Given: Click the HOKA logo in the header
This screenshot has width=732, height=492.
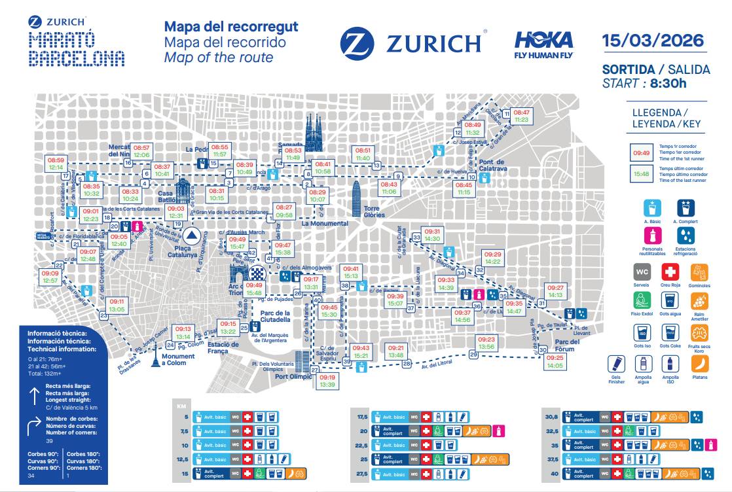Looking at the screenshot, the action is click(543, 44).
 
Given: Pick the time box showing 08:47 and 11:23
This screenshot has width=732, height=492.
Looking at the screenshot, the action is click(522, 116).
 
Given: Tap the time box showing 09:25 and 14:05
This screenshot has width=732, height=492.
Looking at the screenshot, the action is click(555, 362).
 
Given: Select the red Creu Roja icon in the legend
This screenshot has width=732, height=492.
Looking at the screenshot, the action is click(668, 272).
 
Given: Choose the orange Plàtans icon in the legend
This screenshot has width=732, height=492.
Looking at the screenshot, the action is click(699, 364).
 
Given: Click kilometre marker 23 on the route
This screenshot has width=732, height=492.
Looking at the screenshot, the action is click(103, 315).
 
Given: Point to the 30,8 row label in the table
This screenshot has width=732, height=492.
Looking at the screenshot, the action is click(551, 415).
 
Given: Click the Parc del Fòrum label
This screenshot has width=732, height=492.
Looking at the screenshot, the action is click(566, 345).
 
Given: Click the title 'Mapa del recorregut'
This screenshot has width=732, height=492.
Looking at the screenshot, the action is click(231, 27).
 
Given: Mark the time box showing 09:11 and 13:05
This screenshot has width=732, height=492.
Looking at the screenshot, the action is click(117, 305).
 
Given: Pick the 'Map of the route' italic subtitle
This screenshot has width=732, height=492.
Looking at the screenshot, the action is click(219, 58).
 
